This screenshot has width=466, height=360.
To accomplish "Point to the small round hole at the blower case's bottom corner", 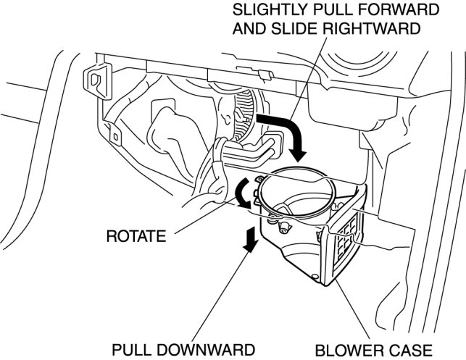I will coord(317,277).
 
